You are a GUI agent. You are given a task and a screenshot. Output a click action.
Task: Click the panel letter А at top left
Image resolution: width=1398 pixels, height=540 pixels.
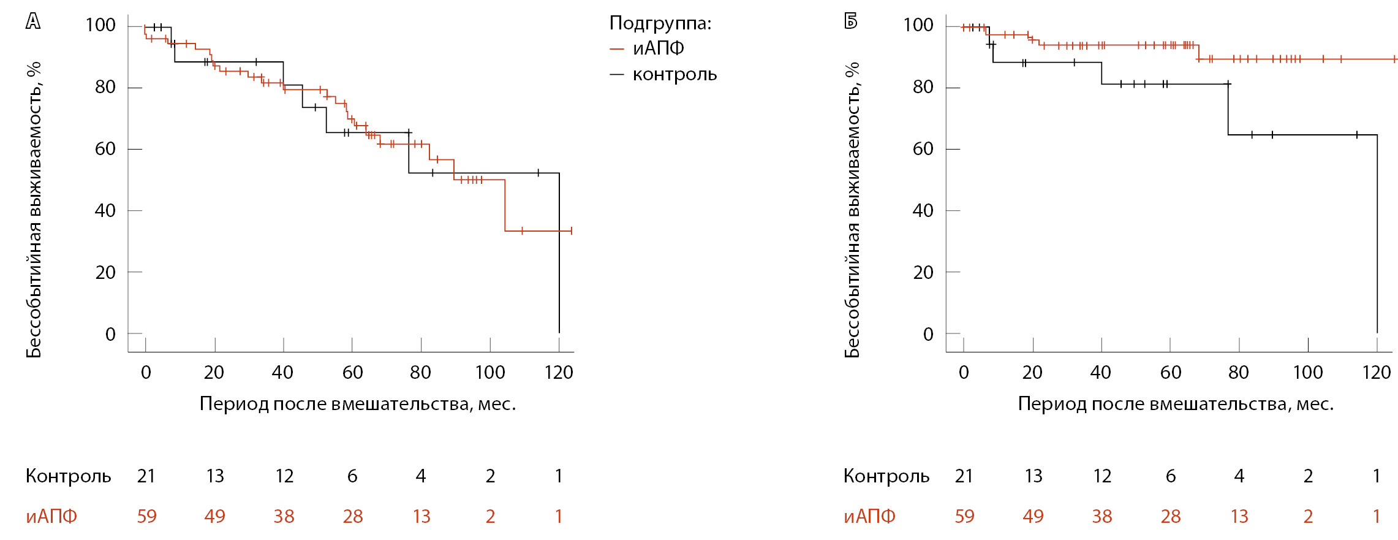pos(33,21)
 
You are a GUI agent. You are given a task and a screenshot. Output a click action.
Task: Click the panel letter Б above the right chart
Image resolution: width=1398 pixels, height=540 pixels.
pos(851,21)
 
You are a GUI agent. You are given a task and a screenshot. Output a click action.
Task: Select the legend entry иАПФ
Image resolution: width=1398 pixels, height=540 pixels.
pos(658,48)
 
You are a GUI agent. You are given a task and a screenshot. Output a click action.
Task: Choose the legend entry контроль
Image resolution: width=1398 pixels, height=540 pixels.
pos(674,75)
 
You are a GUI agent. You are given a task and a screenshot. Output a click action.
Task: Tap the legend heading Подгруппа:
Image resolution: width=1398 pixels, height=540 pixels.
pos(660,23)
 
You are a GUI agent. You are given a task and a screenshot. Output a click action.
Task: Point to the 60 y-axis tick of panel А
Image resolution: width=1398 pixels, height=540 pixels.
pos(105,149)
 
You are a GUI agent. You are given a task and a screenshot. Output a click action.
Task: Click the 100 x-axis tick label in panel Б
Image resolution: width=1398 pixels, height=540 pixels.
pos(1307,372)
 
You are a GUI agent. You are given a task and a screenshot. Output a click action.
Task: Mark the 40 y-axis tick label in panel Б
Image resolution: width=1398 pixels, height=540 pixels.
pos(923,211)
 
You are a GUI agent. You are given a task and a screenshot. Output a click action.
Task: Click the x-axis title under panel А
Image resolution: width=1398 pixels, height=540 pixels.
pos(358,404)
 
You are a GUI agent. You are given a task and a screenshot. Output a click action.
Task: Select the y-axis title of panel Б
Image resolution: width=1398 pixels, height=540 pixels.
pos(852,210)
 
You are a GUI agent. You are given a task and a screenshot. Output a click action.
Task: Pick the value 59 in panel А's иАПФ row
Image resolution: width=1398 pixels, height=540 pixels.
pos(146,516)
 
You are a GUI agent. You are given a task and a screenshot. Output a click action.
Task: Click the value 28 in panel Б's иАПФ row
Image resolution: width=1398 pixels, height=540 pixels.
pos(1171,516)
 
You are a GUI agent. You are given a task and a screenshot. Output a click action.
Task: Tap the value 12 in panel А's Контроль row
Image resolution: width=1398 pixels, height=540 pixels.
pos(284,476)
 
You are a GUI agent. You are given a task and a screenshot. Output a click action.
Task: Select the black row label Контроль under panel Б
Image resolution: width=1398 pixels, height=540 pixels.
pos(886,476)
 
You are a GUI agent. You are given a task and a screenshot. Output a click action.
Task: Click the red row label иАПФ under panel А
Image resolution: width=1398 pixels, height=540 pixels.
pos(51,516)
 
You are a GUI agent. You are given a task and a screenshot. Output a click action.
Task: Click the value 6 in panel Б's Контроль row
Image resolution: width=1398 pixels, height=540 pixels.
pos(1171,476)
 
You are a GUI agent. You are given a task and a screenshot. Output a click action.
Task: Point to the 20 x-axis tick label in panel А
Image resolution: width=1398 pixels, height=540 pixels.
pos(214,372)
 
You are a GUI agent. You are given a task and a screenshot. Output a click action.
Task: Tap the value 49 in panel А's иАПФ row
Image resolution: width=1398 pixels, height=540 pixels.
pos(214,516)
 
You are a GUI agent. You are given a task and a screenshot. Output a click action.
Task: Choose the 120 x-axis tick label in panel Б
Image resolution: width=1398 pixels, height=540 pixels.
pos(1376,372)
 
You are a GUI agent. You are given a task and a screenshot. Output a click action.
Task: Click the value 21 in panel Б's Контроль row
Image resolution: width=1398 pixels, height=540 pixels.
pos(964,476)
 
